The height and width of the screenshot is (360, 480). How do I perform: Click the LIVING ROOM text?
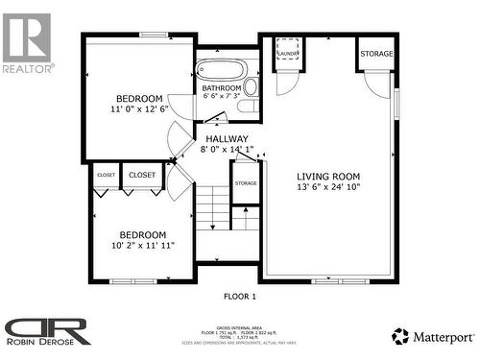point(327,176)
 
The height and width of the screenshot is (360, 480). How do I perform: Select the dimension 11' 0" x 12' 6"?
point(139,109)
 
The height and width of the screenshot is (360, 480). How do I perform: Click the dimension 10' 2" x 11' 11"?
point(142,246)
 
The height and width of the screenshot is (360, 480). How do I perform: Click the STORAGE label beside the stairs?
point(246,182)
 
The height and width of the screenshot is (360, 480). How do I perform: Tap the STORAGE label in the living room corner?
point(376,54)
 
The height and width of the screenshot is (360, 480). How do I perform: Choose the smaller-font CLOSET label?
point(106,176)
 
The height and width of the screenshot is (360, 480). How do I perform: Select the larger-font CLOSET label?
point(142,175)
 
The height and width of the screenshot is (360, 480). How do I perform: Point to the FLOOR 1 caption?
point(239,297)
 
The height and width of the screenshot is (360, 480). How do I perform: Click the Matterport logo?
point(432,336)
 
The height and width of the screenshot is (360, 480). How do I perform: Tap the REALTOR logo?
point(27,42)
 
